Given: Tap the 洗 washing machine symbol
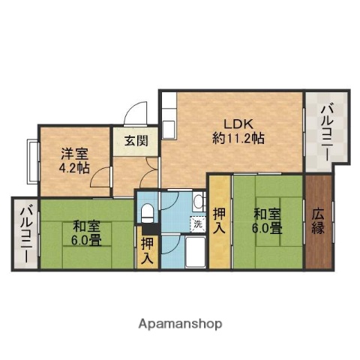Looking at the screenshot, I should pyautogui.click(x=197, y=223).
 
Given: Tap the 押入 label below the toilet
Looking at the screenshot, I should pyautogui.click(x=148, y=251).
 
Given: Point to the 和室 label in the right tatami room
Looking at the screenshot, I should pyautogui.click(x=267, y=214).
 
